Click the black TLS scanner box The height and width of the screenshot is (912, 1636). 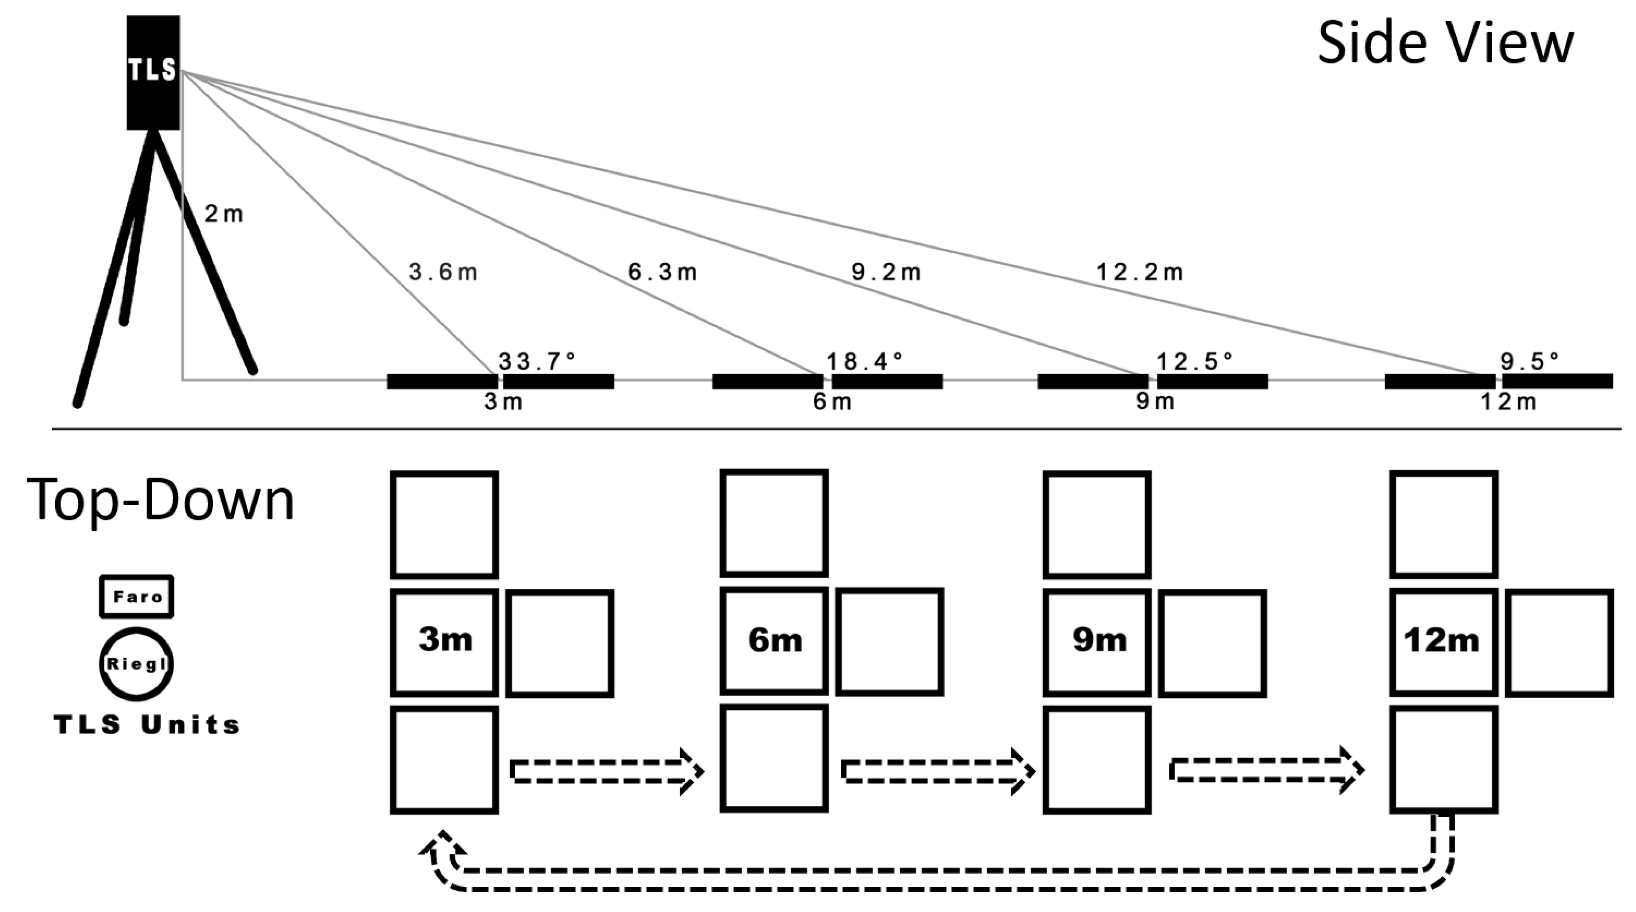click(x=153, y=73)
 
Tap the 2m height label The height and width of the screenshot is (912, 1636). click(x=223, y=215)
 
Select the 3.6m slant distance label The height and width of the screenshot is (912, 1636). click(x=443, y=273)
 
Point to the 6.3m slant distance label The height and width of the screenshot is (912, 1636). click(x=662, y=273)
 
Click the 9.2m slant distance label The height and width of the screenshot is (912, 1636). click(x=886, y=273)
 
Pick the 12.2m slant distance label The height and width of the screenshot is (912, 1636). click(x=1140, y=273)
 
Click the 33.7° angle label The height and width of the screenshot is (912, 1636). click(x=537, y=361)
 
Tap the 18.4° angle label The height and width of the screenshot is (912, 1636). click(x=864, y=361)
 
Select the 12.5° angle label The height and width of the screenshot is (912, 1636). click(x=1194, y=361)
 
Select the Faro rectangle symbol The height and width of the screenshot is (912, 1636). click(x=136, y=596)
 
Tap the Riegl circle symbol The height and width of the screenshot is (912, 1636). click(x=136, y=664)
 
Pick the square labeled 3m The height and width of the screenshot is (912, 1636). click(x=444, y=642)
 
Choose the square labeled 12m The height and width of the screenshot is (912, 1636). click(x=1443, y=642)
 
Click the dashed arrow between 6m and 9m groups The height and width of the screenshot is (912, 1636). click(x=938, y=771)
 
